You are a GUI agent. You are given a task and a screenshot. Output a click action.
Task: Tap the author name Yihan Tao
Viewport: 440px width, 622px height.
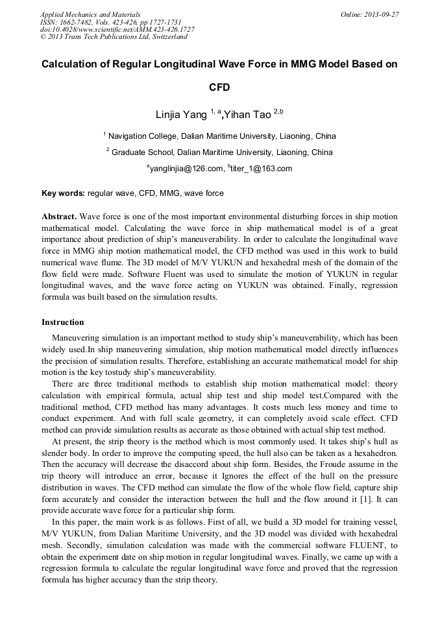[247, 115]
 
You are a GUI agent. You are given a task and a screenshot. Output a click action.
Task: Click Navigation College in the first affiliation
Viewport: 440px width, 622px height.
[147, 136]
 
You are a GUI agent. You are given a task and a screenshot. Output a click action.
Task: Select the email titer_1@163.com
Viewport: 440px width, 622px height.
[261, 169]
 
